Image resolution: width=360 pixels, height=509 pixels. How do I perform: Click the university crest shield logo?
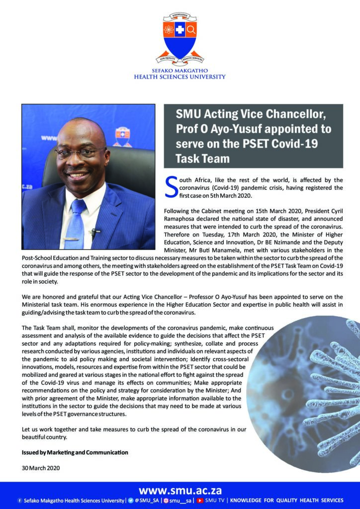[x=180, y=37]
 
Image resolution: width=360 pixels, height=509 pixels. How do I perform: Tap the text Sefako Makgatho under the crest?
[x=180, y=71]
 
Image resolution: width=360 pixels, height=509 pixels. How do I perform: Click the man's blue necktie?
[x=76, y=224]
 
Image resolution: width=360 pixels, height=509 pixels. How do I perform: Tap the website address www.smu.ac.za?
[x=180, y=489]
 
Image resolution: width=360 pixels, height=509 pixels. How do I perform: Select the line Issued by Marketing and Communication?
[x=75, y=452]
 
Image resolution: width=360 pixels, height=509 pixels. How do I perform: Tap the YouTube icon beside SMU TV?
[x=200, y=500]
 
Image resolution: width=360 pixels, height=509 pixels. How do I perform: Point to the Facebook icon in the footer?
[x=19, y=500]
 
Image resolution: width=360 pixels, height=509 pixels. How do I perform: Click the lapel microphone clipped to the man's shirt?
[x=94, y=231]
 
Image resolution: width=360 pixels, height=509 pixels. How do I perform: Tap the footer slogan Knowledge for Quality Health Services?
[x=286, y=500]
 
